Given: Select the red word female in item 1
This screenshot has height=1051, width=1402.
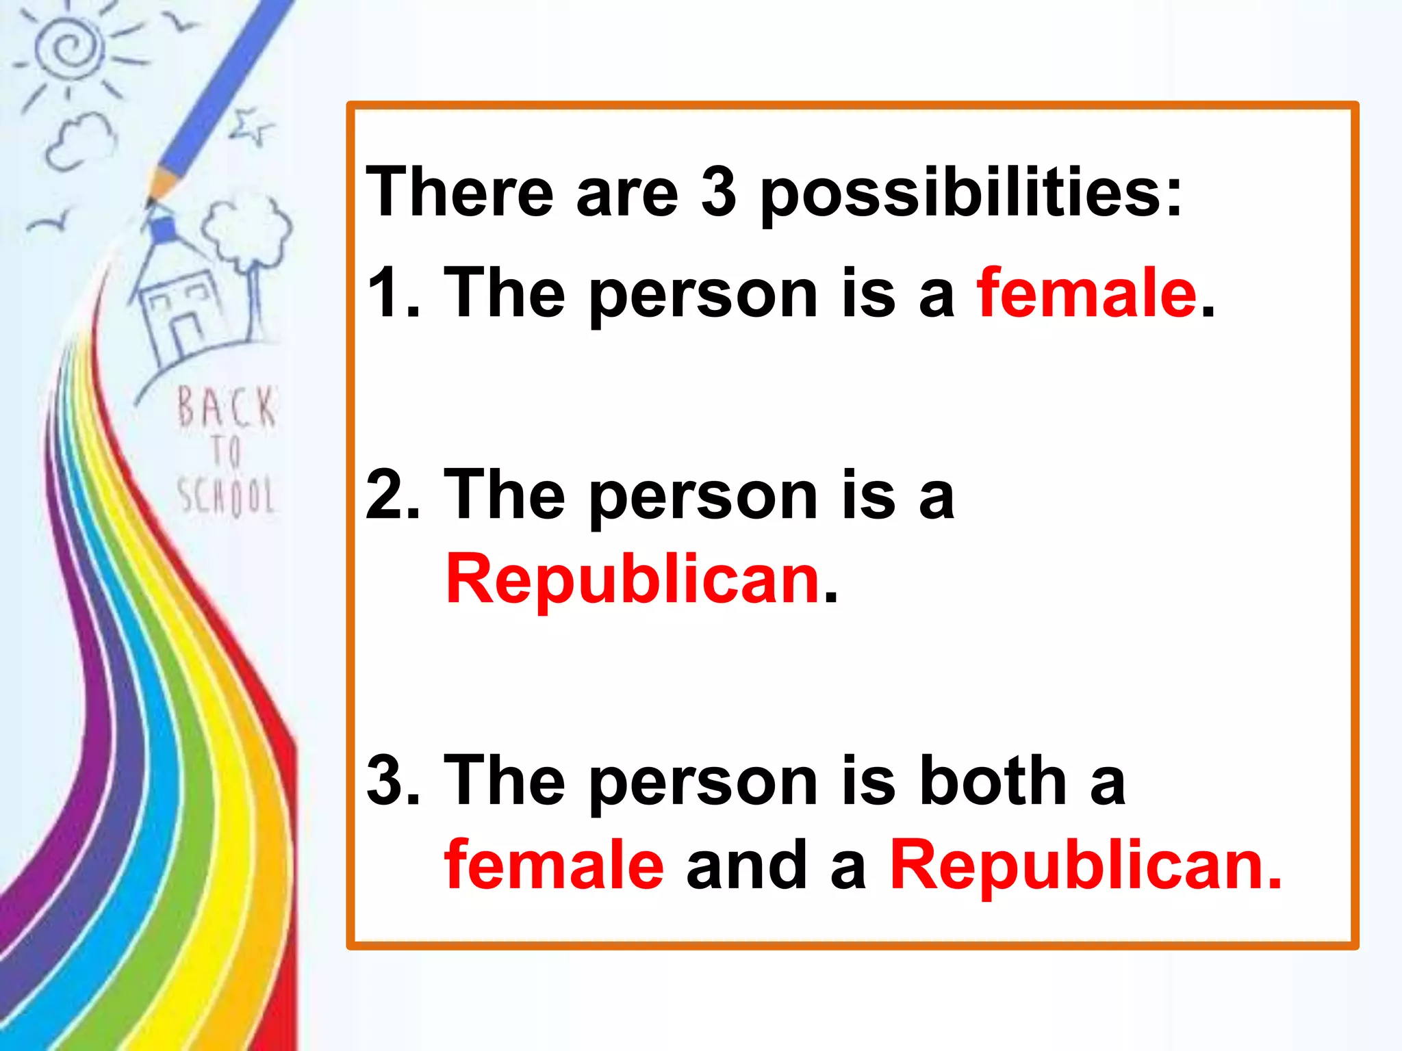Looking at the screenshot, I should pyautogui.click(x=1087, y=294).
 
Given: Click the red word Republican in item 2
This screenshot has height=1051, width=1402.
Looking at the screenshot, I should pyautogui.click(x=633, y=580).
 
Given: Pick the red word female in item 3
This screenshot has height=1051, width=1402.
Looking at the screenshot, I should pyautogui.click(x=554, y=866).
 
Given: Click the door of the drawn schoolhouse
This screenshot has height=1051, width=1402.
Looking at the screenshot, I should pyautogui.click(x=186, y=336).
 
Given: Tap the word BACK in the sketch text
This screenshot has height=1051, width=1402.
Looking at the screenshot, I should pyautogui.click(x=226, y=407).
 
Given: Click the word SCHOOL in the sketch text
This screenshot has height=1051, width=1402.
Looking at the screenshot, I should pyautogui.click(x=226, y=495).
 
